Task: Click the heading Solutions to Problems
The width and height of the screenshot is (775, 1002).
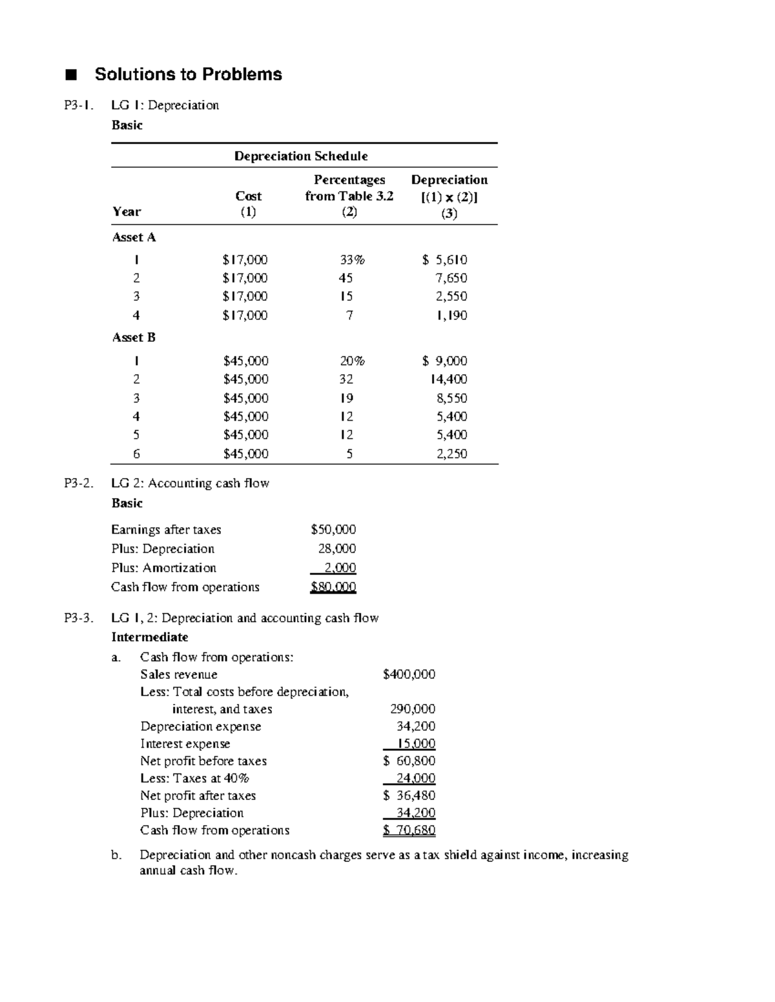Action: tap(188, 74)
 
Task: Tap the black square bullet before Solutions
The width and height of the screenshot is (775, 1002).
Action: tap(70, 75)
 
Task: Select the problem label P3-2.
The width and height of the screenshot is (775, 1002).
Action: tap(78, 483)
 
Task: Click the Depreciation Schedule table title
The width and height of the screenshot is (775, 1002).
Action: tap(301, 156)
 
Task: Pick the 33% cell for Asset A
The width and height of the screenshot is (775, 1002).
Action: tap(352, 260)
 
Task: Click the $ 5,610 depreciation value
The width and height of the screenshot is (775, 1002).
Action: tap(444, 260)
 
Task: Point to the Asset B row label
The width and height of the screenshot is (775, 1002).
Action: tap(134, 337)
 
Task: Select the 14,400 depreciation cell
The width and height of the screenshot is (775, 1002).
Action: tap(449, 379)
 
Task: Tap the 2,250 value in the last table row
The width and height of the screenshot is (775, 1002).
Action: tap(451, 454)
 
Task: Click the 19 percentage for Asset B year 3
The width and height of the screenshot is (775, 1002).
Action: tap(347, 398)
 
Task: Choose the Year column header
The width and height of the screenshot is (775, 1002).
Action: tap(127, 212)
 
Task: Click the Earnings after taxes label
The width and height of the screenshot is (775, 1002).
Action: tap(166, 530)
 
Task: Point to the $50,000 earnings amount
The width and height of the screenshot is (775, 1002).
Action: tap(333, 530)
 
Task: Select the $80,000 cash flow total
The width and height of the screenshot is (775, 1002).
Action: tap(333, 587)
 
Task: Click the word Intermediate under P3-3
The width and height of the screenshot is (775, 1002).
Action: tap(150, 637)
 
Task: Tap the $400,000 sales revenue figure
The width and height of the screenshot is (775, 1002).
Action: tap(409, 674)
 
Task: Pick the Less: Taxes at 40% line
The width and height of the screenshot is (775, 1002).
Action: tap(195, 778)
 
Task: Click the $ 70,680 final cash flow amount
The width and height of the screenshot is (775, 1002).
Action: tap(409, 830)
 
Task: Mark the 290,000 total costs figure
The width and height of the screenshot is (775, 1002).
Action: tap(413, 709)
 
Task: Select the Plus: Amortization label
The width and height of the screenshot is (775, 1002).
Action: tap(163, 568)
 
